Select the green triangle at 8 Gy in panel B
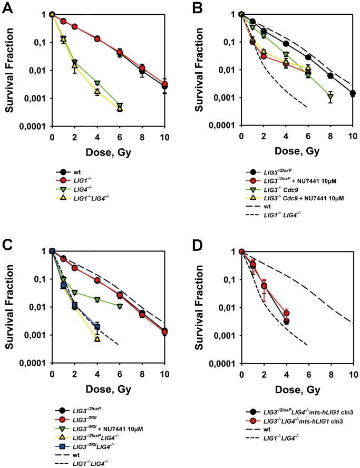tap(330, 96)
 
